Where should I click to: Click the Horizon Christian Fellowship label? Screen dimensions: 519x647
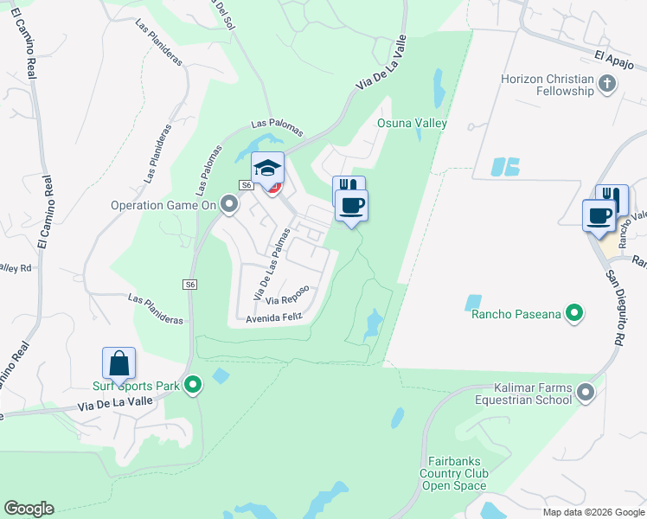point(547,86)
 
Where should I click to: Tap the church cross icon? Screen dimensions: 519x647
point(607,83)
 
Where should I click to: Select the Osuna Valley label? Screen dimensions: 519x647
point(412,124)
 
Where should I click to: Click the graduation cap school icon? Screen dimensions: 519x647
point(268,166)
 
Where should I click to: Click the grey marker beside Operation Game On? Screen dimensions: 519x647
point(229,205)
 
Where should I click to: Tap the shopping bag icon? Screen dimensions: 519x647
point(119,362)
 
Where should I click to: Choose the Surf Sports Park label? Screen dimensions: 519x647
point(137,386)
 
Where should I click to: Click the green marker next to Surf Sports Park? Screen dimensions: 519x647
point(194,384)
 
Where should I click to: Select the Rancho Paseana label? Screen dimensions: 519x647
point(516,313)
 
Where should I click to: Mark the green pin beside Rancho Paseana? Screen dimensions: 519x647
point(573,312)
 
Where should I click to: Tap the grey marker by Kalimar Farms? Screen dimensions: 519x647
point(586,394)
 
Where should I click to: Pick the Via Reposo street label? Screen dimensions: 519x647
point(287,300)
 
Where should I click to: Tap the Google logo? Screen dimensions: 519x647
point(29,509)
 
